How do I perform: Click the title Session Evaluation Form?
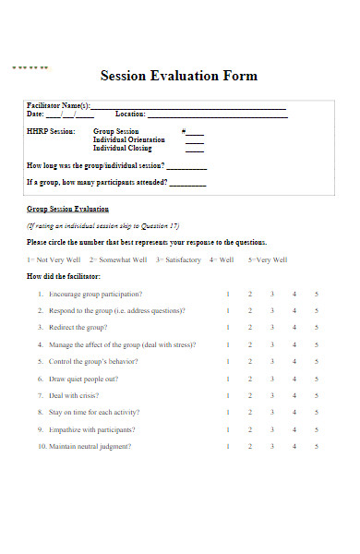pos(178,76)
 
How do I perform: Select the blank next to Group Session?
pos(195,133)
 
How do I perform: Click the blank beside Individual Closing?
pos(195,150)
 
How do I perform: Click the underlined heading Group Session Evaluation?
pos(67,210)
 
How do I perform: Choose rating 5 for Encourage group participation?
pos(317,294)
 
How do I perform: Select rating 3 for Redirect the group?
pos(271,328)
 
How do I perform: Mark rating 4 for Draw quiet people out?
pos(294,379)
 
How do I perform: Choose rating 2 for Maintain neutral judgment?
pos(249,447)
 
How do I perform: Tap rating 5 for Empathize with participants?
pos(317,429)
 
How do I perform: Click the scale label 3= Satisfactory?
pos(178,260)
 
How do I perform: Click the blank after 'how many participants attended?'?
pos(188,183)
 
